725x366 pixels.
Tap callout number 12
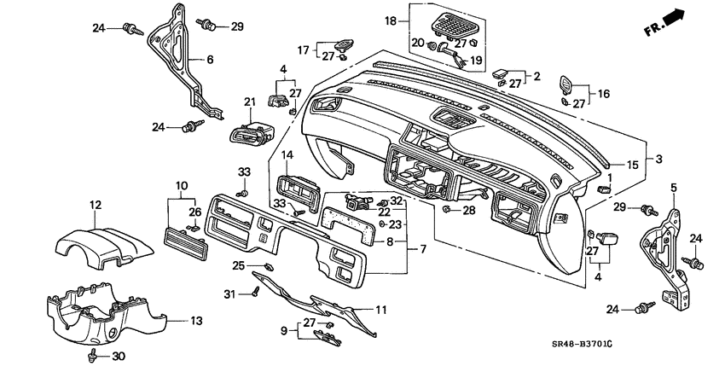96,205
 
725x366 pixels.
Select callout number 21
250,102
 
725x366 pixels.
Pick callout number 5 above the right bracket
674,187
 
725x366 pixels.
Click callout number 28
469,209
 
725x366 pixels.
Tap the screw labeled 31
255,293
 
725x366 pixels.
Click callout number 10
181,185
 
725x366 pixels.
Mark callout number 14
287,155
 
